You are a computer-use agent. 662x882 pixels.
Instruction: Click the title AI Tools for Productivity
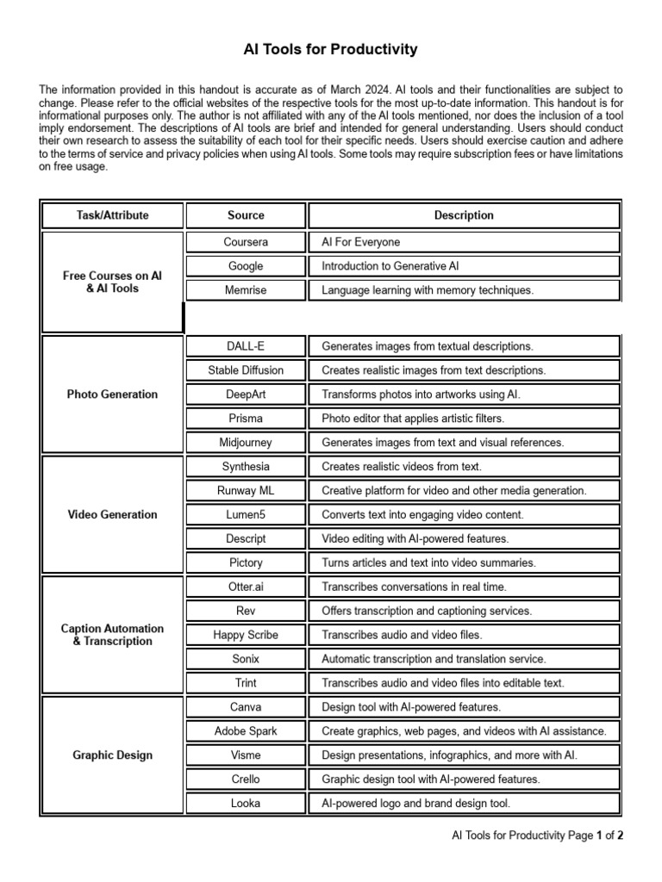click(331, 50)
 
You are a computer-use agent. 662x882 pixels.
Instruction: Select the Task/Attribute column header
click(112, 215)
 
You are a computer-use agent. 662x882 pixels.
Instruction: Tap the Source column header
click(246, 215)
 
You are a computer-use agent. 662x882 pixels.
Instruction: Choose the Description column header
click(464, 215)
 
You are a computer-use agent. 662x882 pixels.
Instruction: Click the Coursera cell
click(246, 242)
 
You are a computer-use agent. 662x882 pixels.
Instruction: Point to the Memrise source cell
click(246, 290)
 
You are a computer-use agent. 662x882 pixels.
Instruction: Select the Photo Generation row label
click(112, 394)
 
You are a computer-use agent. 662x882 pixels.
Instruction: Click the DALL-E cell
click(246, 346)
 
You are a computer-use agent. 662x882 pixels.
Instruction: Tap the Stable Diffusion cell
click(246, 370)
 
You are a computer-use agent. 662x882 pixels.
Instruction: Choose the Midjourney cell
click(246, 443)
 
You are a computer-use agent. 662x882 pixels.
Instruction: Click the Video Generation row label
click(112, 515)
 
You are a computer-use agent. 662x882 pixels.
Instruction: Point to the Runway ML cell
click(246, 491)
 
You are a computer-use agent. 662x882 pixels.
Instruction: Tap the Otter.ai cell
click(246, 587)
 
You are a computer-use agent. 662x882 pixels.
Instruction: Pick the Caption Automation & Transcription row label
click(112, 635)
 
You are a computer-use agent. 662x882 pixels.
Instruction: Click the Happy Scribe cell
click(246, 635)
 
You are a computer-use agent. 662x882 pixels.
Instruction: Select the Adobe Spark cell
click(246, 731)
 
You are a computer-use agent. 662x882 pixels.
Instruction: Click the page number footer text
click(538, 835)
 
